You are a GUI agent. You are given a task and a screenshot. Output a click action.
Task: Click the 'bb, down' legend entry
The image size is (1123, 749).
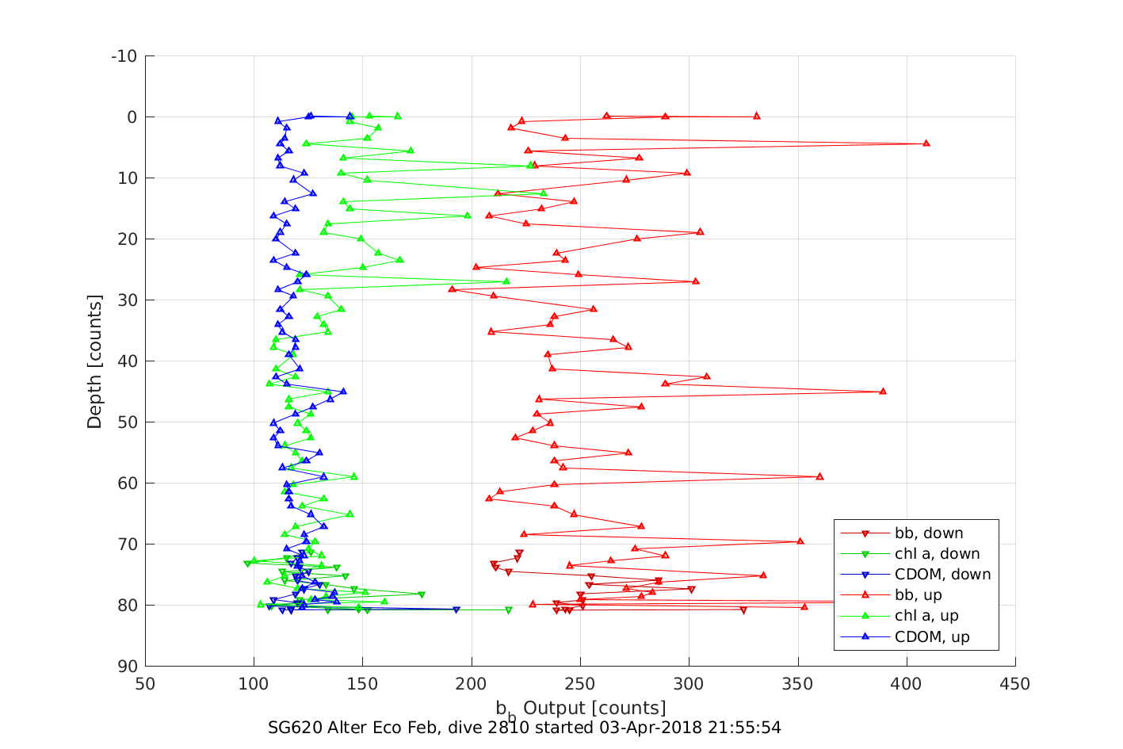(928, 533)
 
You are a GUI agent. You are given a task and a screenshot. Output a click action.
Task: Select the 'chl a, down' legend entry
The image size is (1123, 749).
(937, 554)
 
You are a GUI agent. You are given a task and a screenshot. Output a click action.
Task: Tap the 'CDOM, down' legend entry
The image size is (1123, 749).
(942, 575)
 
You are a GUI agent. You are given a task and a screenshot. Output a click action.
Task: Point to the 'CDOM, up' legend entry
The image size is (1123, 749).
(932, 636)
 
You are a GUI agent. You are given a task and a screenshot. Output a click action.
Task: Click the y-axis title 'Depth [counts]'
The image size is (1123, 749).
(95, 361)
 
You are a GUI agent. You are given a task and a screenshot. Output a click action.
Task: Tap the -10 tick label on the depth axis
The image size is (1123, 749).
(124, 56)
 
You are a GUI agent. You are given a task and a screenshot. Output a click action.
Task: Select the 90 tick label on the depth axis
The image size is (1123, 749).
(127, 666)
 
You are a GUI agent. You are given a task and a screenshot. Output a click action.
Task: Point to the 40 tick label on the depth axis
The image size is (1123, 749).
(127, 361)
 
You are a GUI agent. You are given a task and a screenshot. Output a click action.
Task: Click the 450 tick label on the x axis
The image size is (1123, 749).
(1015, 684)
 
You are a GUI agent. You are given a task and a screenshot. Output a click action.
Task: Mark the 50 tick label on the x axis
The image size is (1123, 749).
(145, 684)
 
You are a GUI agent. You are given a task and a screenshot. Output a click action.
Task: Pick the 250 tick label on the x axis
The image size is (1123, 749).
(580, 684)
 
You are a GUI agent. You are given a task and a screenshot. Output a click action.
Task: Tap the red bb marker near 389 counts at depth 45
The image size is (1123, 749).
(883, 392)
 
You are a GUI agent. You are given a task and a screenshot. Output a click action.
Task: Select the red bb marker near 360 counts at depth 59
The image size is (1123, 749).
(819, 476)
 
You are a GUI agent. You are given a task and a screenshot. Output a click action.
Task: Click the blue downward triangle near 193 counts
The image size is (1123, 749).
(456, 610)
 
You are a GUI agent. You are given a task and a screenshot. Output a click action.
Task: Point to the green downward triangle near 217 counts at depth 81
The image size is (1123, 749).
(509, 610)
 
